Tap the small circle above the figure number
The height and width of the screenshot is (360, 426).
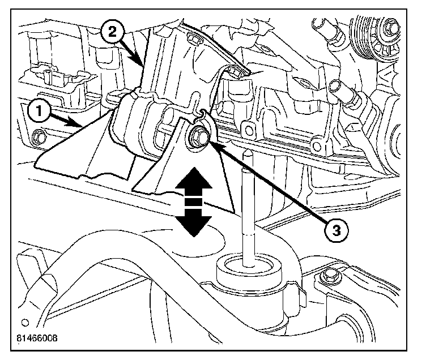click(x=24, y=324)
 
